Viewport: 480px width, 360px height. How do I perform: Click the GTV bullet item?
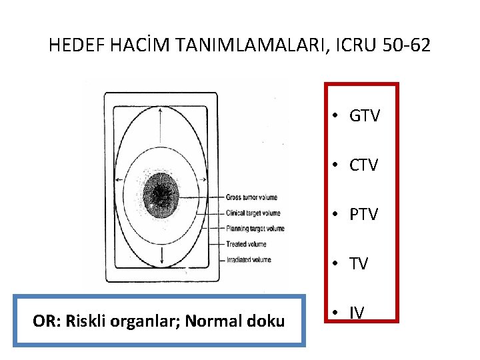tap(364, 116)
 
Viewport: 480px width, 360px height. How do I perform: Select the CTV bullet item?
tap(364, 165)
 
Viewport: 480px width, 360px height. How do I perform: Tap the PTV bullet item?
tap(364, 214)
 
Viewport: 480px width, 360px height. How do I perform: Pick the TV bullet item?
tap(359, 264)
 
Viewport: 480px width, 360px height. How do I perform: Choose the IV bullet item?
tap(357, 311)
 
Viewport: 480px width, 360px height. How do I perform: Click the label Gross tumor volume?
tap(251, 197)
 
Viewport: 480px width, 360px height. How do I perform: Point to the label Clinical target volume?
tap(253, 213)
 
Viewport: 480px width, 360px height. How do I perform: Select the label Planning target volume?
tap(255, 229)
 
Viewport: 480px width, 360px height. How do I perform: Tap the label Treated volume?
tap(246, 244)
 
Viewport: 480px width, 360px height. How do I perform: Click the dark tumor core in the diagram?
tap(161, 195)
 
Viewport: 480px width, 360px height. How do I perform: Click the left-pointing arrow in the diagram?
tap(120, 181)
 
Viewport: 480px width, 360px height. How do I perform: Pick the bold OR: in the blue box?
tap(43, 321)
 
